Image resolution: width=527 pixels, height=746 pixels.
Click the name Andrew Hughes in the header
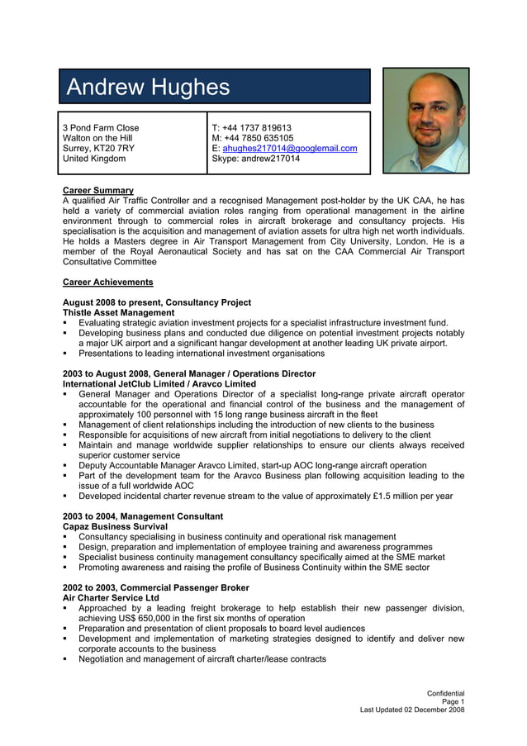(x=148, y=87)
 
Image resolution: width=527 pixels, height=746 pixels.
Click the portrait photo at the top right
(x=425, y=121)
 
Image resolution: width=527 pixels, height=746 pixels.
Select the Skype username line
(x=256, y=159)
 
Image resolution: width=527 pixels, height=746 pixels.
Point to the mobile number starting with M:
(x=253, y=138)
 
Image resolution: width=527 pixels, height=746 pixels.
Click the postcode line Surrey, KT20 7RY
(x=98, y=149)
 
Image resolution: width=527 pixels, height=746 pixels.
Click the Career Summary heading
(x=98, y=191)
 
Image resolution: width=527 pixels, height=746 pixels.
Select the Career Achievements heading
(x=107, y=283)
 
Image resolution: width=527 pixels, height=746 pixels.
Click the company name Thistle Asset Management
(x=119, y=313)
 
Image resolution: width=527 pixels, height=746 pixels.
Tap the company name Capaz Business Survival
(x=116, y=526)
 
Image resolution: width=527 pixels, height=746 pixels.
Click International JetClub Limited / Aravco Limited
(x=159, y=384)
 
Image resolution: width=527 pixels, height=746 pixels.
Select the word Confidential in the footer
(x=445, y=693)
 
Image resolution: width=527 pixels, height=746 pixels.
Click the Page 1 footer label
(x=453, y=701)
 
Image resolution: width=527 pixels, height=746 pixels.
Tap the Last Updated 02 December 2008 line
(x=412, y=710)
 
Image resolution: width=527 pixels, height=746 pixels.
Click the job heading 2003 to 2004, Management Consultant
(x=143, y=516)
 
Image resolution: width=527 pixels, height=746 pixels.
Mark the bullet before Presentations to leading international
(x=66, y=354)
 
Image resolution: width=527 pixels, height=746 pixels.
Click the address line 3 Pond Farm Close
(x=102, y=128)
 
